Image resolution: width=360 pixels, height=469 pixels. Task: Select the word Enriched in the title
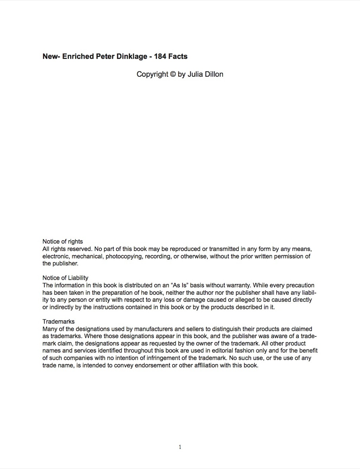point(78,57)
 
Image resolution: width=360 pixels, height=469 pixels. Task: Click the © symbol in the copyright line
point(173,75)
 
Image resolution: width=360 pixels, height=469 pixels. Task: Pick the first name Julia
point(194,75)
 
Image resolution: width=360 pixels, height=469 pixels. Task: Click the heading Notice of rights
point(63,242)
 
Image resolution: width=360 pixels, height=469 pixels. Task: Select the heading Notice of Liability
point(65,278)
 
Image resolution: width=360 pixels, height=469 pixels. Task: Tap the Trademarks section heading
point(58,322)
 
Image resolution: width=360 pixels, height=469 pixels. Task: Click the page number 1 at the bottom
point(180,447)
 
